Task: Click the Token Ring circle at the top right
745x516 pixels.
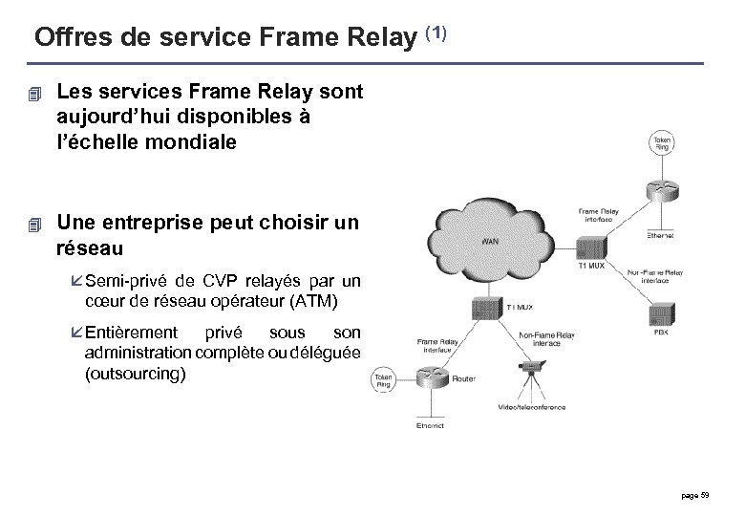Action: (662, 144)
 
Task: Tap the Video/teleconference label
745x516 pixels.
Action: (531, 407)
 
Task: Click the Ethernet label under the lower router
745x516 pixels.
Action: (429, 425)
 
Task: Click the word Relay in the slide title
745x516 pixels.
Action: (368, 37)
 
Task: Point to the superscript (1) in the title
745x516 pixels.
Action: (435, 33)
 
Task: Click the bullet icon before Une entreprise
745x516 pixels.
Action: (36, 225)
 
